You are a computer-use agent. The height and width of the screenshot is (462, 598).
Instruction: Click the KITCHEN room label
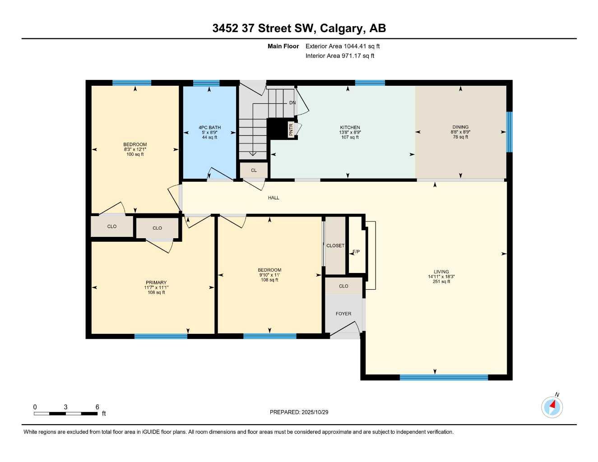350,127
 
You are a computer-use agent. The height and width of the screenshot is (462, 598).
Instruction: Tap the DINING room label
460,127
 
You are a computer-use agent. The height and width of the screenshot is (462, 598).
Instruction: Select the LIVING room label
441,272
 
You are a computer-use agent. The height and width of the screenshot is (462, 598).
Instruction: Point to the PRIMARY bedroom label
156,282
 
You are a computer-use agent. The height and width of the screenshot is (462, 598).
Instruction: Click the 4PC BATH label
209,127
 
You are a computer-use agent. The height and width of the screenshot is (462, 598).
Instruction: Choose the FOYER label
343,314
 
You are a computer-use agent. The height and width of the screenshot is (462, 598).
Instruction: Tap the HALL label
274,198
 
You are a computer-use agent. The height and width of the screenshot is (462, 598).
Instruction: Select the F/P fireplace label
356,252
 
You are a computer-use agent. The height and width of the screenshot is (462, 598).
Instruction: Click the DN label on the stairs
292,103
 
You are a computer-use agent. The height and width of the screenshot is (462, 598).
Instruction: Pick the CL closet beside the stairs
254,171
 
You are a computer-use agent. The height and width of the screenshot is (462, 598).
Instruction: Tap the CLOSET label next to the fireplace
335,246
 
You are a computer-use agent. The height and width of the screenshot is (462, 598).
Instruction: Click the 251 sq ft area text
441,282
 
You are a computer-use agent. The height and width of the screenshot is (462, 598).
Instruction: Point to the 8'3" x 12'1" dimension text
135,149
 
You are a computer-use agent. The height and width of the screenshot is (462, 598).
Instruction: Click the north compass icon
552,407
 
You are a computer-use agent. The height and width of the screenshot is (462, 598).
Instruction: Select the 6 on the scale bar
97,407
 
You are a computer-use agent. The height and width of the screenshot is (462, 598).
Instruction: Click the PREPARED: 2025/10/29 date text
299,412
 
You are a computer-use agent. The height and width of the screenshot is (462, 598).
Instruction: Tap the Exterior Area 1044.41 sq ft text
343,46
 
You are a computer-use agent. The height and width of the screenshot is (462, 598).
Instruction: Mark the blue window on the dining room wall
509,132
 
